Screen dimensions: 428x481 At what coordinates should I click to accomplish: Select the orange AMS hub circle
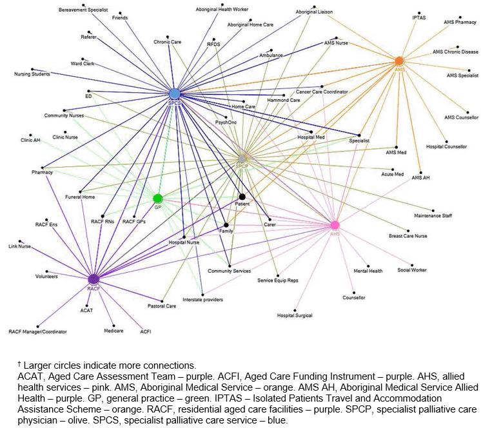click(399, 61)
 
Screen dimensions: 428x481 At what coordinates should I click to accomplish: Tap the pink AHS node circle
click(334, 225)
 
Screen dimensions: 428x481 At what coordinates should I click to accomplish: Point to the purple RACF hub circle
click(93, 278)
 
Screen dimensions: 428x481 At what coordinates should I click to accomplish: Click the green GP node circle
click(157, 198)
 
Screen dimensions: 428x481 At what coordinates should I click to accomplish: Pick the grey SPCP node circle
click(242, 158)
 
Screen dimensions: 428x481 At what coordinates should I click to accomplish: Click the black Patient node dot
click(242, 197)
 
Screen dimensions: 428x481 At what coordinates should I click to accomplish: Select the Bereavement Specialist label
click(83, 11)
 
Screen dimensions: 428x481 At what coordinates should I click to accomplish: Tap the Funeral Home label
click(80, 197)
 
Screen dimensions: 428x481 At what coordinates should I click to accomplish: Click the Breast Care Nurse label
click(407, 236)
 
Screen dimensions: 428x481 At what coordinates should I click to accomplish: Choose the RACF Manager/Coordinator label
click(37, 331)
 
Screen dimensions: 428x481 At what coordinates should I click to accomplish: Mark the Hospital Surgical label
click(294, 315)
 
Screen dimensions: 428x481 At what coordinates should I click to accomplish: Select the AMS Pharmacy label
click(460, 22)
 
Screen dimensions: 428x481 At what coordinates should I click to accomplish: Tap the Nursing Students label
click(32, 74)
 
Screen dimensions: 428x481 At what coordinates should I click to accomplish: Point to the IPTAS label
click(419, 17)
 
